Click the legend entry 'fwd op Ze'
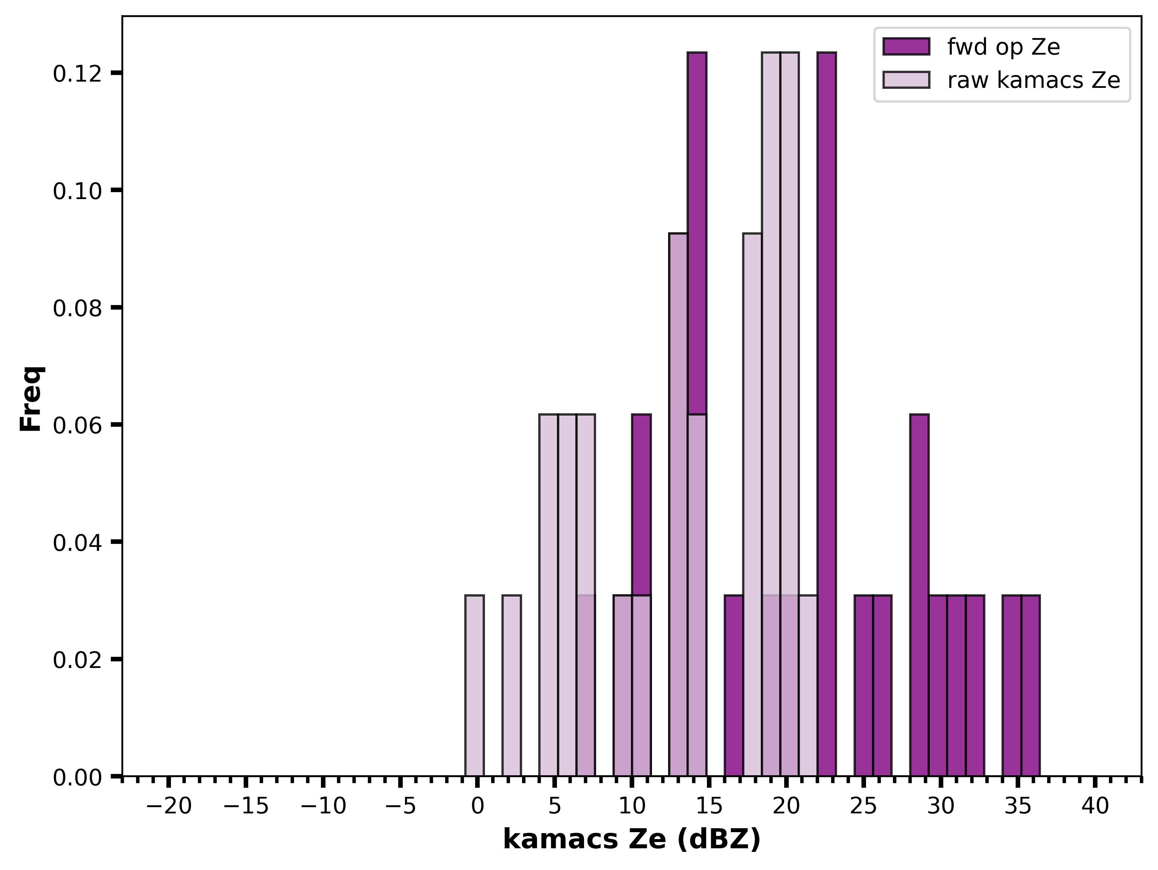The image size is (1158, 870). click(1003, 47)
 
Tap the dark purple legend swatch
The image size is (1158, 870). click(906, 47)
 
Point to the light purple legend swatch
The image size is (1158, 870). click(906, 80)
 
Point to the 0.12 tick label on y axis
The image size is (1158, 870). click(77, 74)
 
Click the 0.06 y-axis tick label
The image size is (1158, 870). click(77, 425)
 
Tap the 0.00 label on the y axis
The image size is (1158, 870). click(77, 777)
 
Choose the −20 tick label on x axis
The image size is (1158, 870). click(169, 806)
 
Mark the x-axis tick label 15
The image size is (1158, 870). click(709, 806)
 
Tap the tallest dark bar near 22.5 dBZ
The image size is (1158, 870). click(827, 414)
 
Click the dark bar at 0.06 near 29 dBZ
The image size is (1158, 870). click(919, 595)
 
